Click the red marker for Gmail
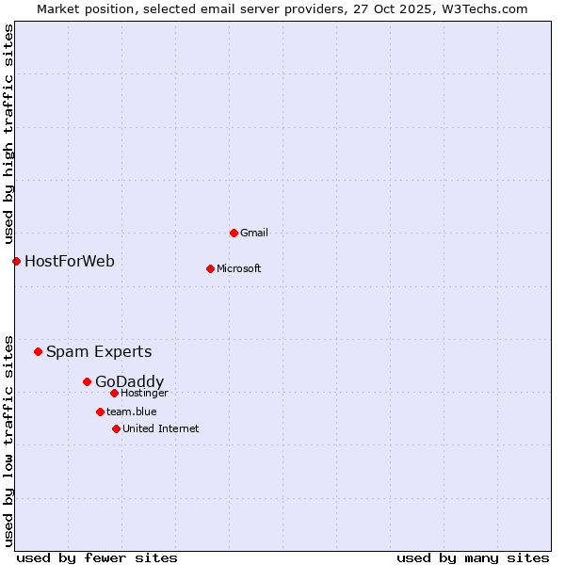[x=234, y=233]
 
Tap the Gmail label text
[x=253, y=233]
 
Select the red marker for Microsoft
[x=210, y=268]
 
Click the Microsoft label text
[x=239, y=268]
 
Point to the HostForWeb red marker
[x=16, y=261]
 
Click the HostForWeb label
[x=70, y=261]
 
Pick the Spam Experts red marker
[x=38, y=351]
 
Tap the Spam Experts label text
[x=99, y=351]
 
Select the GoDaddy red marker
[x=87, y=381]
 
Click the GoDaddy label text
[x=129, y=381]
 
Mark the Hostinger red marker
[x=114, y=393]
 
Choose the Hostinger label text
[x=144, y=393]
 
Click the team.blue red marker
[x=100, y=412]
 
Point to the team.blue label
[x=132, y=412]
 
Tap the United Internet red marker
[x=116, y=428]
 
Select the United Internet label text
[x=161, y=428]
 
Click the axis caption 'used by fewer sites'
[x=97, y=557]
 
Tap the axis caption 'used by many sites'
[x=473, y=557]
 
